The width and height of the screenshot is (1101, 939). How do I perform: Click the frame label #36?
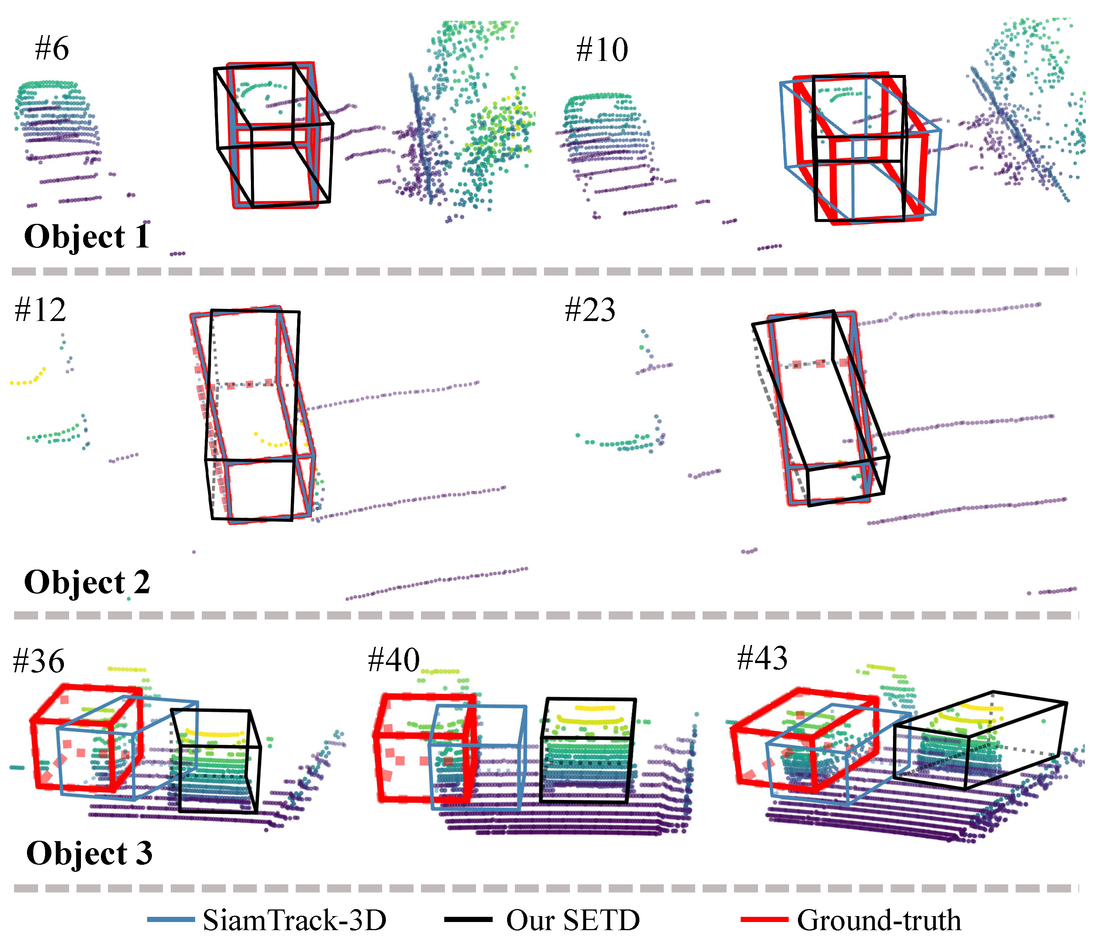coord(38,661)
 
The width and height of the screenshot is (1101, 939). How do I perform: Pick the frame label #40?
coord(393,660)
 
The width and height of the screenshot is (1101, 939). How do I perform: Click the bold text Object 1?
coord(86,236)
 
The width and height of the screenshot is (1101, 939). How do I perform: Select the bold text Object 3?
coord(89,853)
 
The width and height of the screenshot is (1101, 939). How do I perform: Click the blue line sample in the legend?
coord(171,919)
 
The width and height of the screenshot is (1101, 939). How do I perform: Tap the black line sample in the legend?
coord(468,919)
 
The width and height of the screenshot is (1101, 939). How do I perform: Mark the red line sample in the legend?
coord(764,919)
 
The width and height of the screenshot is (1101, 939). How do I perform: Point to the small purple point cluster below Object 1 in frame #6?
coord(177,254)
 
